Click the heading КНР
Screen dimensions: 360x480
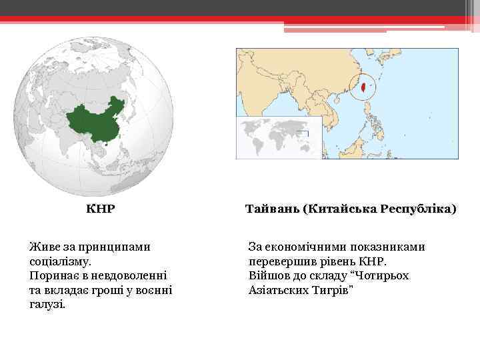tap(101, 209)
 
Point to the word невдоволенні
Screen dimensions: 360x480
tap(129, 275)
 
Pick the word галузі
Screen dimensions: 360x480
tap(47, 305)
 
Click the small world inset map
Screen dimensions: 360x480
tap(279, 137)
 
